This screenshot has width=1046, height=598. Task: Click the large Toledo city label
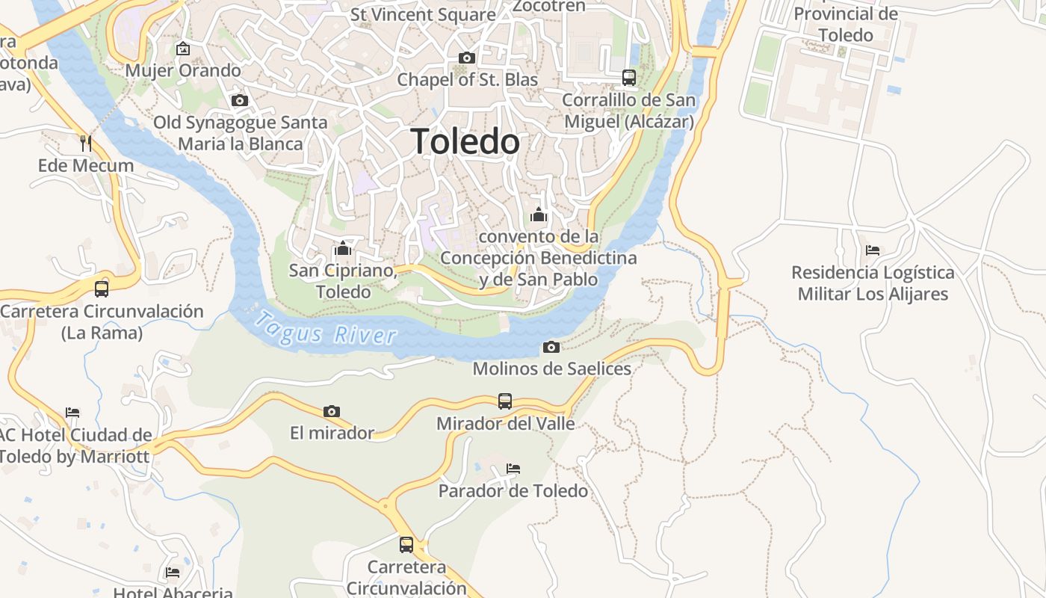coord(465,141)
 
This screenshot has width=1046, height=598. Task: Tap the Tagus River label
coord(325,329)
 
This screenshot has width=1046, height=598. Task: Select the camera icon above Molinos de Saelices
coord(551,347)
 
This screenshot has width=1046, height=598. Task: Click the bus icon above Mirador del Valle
coord(505,401)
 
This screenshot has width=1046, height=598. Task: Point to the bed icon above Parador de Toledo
coord(513,469)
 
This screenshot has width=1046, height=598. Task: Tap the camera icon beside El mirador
coord(332,411)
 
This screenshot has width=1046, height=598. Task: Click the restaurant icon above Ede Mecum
coord(86,143)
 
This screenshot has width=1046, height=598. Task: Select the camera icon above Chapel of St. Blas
coord(466,58)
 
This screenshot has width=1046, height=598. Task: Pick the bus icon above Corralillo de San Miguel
coord(629,77)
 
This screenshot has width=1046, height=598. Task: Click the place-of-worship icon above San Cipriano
coord(343,248)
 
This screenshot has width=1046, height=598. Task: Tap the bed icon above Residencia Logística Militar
coord(873,250)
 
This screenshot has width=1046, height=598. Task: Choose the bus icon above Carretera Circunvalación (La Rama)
coord(102,289)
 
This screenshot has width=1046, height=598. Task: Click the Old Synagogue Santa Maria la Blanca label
coord(241,132)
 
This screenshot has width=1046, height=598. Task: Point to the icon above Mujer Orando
coord(183,49)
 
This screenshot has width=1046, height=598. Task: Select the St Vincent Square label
coord(423,14)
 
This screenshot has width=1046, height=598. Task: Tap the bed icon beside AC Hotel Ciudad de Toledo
coord(72,412)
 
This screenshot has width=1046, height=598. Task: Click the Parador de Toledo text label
coord(513,491)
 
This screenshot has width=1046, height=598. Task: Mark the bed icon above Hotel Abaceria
coord(173,573)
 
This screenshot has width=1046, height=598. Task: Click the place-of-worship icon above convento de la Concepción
coord(539,215)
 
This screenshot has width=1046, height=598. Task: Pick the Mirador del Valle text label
coord(506,424)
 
